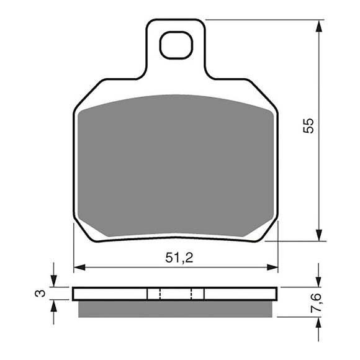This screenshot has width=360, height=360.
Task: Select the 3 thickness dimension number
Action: (40, 293)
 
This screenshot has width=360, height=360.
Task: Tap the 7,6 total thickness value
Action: (317, 302)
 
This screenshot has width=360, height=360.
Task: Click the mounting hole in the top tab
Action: (176, 45)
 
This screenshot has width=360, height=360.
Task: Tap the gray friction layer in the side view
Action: (176, 308)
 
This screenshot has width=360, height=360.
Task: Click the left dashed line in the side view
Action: (160, 294)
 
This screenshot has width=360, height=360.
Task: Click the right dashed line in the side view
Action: (191, 294)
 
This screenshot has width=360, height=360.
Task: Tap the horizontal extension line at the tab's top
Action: (261, 20)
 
